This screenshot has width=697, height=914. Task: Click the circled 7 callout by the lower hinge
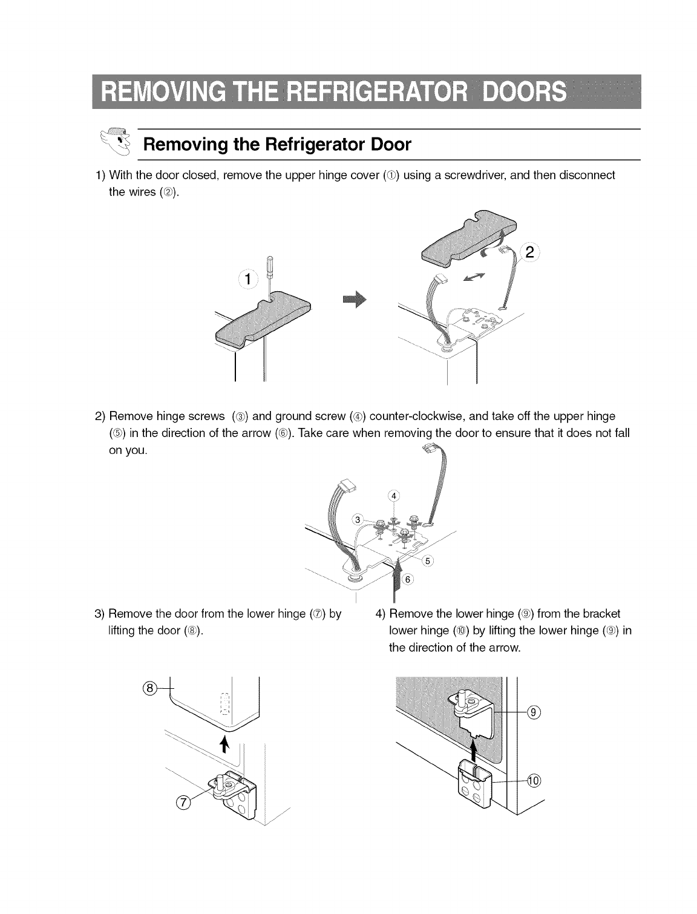point(181,803)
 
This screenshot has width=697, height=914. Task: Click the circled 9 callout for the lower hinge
point(532,713)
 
